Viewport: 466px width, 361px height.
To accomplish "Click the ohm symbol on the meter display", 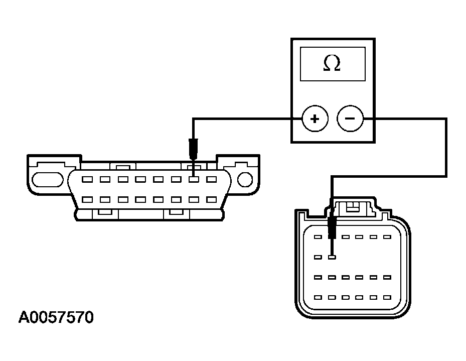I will [332, 63].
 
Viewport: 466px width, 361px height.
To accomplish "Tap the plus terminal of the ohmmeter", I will [315, 119].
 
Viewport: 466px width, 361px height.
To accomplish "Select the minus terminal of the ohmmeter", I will [350, 119].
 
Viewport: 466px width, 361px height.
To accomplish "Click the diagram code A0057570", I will [56, 318].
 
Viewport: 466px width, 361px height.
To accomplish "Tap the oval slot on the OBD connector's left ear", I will [48, 179].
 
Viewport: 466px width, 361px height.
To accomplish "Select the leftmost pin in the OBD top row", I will [87, 179].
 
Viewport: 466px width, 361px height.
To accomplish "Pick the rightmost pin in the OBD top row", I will [211, 179].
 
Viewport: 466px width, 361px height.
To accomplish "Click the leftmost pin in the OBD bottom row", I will [87, 199].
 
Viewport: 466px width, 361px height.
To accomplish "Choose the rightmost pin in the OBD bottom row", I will [211, 199].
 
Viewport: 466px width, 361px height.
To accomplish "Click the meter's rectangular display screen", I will [332, 64].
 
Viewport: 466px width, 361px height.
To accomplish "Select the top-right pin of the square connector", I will [387, 236].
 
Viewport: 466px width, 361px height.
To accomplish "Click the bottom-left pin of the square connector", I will [317, 297].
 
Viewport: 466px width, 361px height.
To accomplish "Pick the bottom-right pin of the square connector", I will [387, 297].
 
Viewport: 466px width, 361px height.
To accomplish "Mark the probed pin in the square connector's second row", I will [332, 258].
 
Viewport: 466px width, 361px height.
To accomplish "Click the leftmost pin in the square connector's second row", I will [317, 258].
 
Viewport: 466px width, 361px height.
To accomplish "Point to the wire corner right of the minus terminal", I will [446, 119].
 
